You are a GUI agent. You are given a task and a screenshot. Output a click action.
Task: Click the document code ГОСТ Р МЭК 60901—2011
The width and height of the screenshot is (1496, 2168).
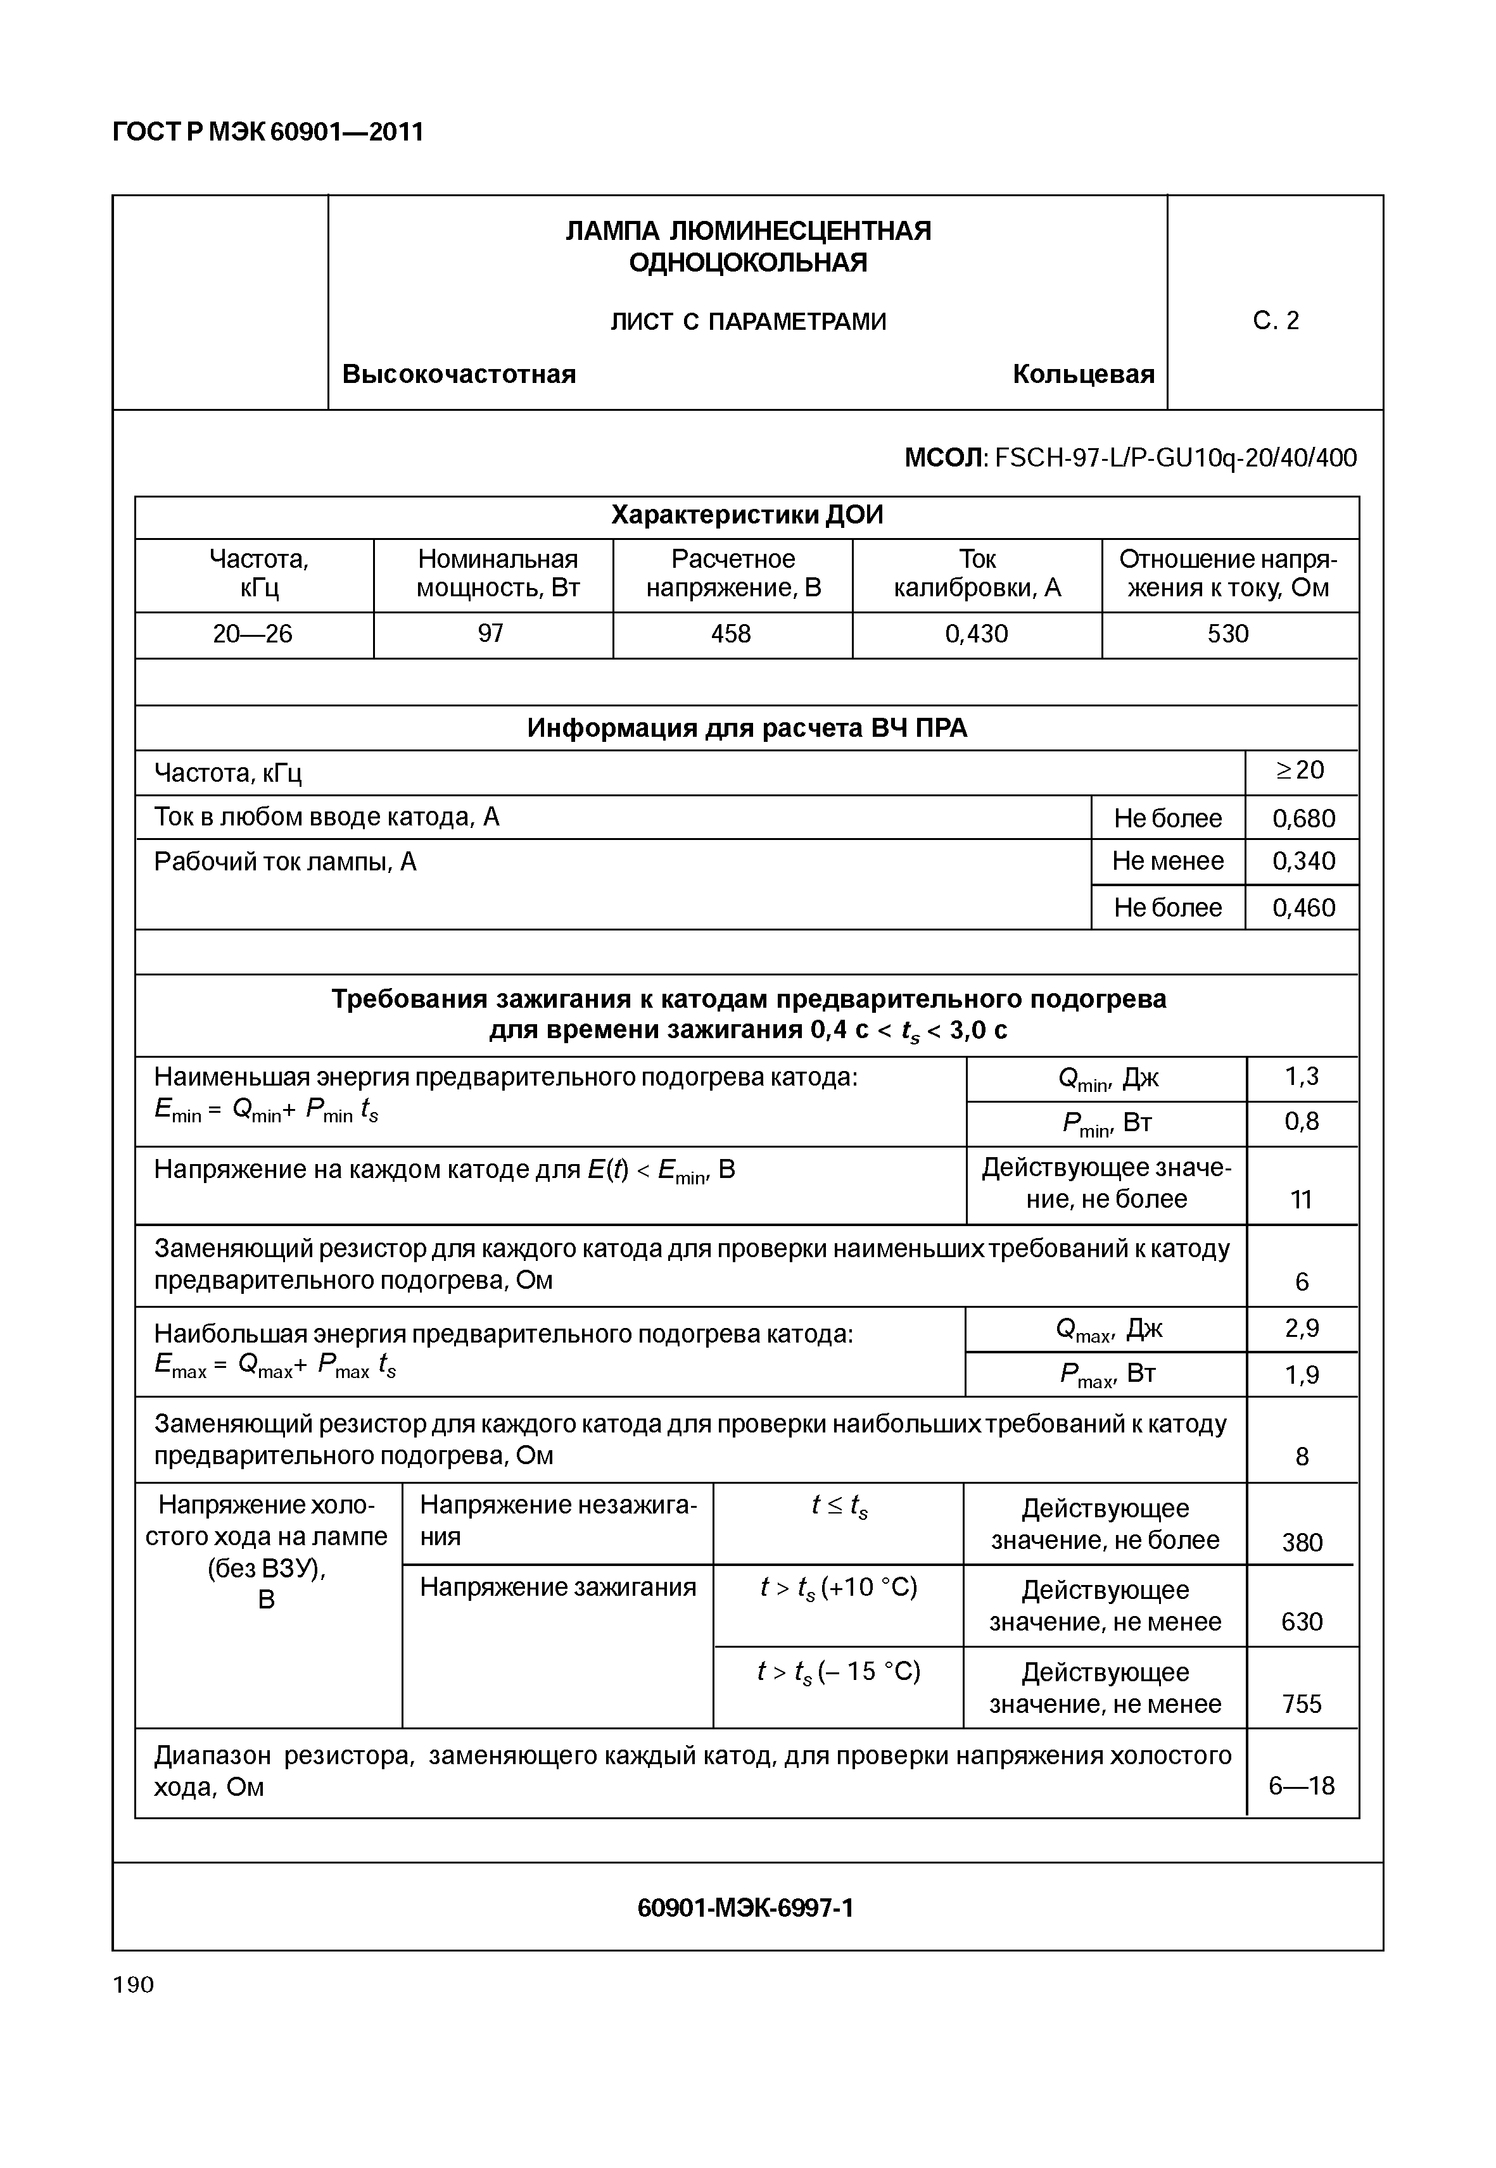[x=267, y=132]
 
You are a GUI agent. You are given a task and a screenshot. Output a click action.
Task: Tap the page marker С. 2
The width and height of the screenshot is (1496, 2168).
[x=1276, y=322]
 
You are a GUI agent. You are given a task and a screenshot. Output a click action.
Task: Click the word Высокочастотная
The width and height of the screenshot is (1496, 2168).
[x=459, y=375]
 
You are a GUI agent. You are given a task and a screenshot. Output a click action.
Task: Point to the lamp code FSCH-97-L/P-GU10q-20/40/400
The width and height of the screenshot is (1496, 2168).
[x=1176, y=458]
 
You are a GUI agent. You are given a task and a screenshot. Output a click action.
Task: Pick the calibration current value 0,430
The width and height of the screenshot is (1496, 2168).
[x=976, y=634]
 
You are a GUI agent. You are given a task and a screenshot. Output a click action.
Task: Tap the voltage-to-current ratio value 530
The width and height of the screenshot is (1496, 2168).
[x=1228, y=634]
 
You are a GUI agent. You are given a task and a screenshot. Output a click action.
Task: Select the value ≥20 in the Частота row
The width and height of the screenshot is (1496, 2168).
[x=1300, y=770]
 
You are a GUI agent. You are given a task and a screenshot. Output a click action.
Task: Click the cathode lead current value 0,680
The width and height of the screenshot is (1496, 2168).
[x=1303, y=819]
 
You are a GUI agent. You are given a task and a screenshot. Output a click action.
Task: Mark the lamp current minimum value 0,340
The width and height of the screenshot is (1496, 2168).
[x=1303, y=861]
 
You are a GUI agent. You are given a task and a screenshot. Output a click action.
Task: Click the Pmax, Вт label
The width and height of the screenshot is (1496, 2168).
[x=1107, y=1374]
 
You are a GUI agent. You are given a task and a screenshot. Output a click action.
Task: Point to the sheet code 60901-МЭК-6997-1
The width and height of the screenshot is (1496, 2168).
[x=745, y=1908]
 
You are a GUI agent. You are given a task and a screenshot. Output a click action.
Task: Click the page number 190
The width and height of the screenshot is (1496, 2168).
[x=133, y=1984]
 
